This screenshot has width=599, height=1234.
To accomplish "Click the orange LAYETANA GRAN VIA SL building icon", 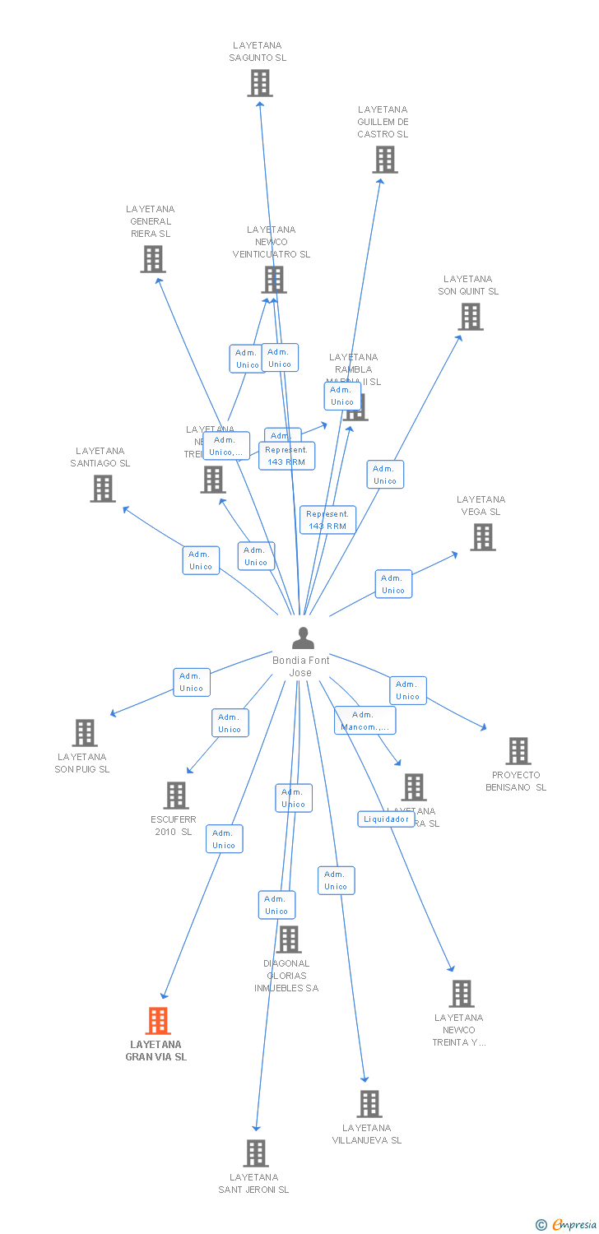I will click(158, 1021).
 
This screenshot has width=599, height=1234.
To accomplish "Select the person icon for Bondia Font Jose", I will click(303, 638).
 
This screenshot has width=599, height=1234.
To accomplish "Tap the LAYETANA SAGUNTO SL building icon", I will click(260, 83).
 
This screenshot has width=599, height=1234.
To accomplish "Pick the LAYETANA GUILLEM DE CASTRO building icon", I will click(384, 160).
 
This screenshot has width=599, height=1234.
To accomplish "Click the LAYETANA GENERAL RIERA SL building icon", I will click(152, 259).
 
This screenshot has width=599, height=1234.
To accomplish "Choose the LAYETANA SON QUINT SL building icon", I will click(470, 317).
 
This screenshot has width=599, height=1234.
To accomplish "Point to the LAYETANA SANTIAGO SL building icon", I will click(102, 489).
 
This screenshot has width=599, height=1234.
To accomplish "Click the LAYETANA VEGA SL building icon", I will click(482, 537).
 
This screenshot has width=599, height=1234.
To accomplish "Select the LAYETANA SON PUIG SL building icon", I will click(84, 733).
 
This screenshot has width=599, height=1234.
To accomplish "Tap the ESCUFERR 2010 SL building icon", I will click(175, 796).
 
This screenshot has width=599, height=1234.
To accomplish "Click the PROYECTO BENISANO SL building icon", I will click(518, 751).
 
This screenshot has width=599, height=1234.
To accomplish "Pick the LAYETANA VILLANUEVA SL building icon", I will click(369, 1104).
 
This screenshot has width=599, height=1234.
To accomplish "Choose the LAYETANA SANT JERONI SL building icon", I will click(256, 1153).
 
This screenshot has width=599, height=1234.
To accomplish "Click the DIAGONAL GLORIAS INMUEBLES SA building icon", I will click(289, 939).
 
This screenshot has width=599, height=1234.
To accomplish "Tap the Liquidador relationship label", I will click(386, 819).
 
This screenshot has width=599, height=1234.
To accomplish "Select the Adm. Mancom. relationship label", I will click(365, 721).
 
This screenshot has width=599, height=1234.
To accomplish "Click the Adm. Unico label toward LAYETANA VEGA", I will click(393, 584).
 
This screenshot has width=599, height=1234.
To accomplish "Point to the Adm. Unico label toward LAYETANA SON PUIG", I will click(192, 682).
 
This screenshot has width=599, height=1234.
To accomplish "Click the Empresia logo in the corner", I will click(567, 1225).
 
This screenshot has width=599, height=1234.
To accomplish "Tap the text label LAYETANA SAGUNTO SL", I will click(258, 52).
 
